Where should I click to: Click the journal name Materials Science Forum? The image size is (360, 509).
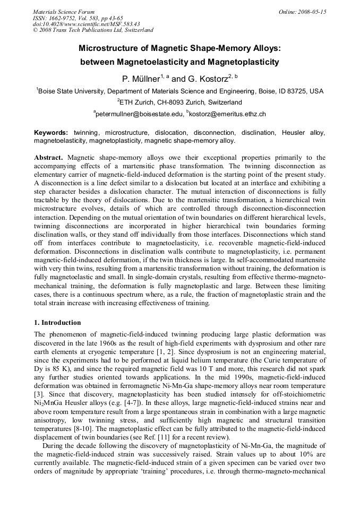coord(64,12)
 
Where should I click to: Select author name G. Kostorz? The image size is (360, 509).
coord(209,79)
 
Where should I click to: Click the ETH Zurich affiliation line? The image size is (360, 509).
coord(179,102)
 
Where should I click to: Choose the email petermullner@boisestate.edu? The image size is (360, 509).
coord(139,114)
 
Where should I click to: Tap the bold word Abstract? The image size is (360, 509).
coord(49,158)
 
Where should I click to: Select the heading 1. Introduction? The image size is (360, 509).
coord(57,322)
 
